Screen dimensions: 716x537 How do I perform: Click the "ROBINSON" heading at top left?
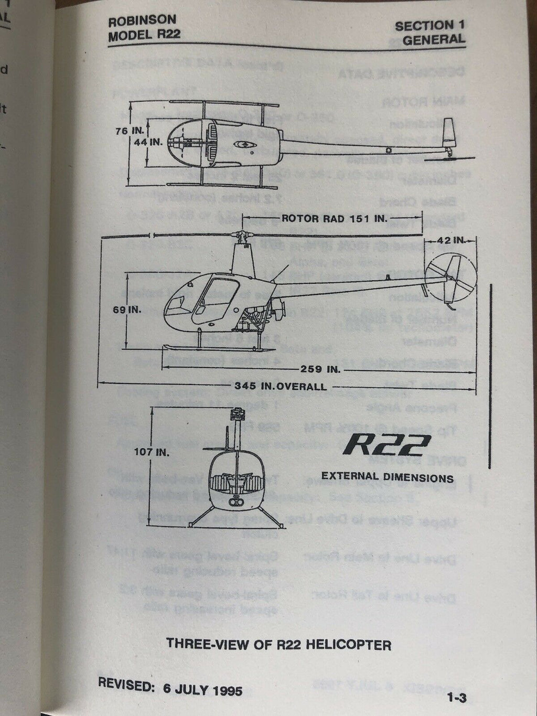point(142,22)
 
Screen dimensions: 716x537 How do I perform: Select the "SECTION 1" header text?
point(429,25)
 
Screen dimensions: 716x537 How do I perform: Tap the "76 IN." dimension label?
point(128,132)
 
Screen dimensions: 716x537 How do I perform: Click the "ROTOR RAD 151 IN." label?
point(335,218)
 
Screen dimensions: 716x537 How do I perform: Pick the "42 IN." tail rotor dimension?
point(452,240)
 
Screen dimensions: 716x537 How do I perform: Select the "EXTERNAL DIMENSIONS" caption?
point(387,477)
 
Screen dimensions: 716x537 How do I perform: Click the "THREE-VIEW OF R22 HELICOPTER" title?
point(278,644)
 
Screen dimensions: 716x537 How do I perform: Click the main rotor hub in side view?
point(243,236)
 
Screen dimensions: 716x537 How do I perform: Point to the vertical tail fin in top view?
point(449,134)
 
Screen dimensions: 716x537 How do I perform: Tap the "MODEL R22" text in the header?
point(144,36)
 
